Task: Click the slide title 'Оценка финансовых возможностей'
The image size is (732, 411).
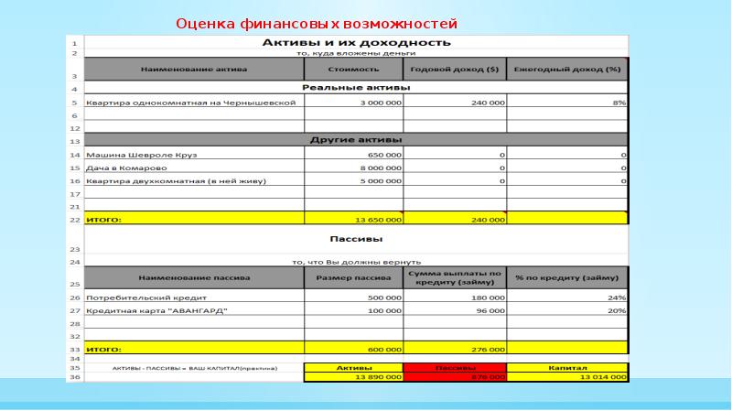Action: [x=316, y=23]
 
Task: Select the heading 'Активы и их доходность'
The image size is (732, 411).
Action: [x=356, y=42]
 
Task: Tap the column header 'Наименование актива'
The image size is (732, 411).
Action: [x=193, y=70]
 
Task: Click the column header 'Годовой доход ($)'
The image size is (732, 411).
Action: [x=455, y=70]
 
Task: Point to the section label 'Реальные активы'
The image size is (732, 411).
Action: [x=356, y=88]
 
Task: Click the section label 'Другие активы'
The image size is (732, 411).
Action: [x=356, y=140]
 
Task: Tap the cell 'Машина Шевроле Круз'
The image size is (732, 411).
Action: [x=141, y=156]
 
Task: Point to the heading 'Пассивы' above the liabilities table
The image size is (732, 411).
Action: [x=356, y=244]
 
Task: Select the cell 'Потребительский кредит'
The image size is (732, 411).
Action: [x=138, y=297]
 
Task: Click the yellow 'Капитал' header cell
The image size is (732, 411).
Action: [x=567, y=368]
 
